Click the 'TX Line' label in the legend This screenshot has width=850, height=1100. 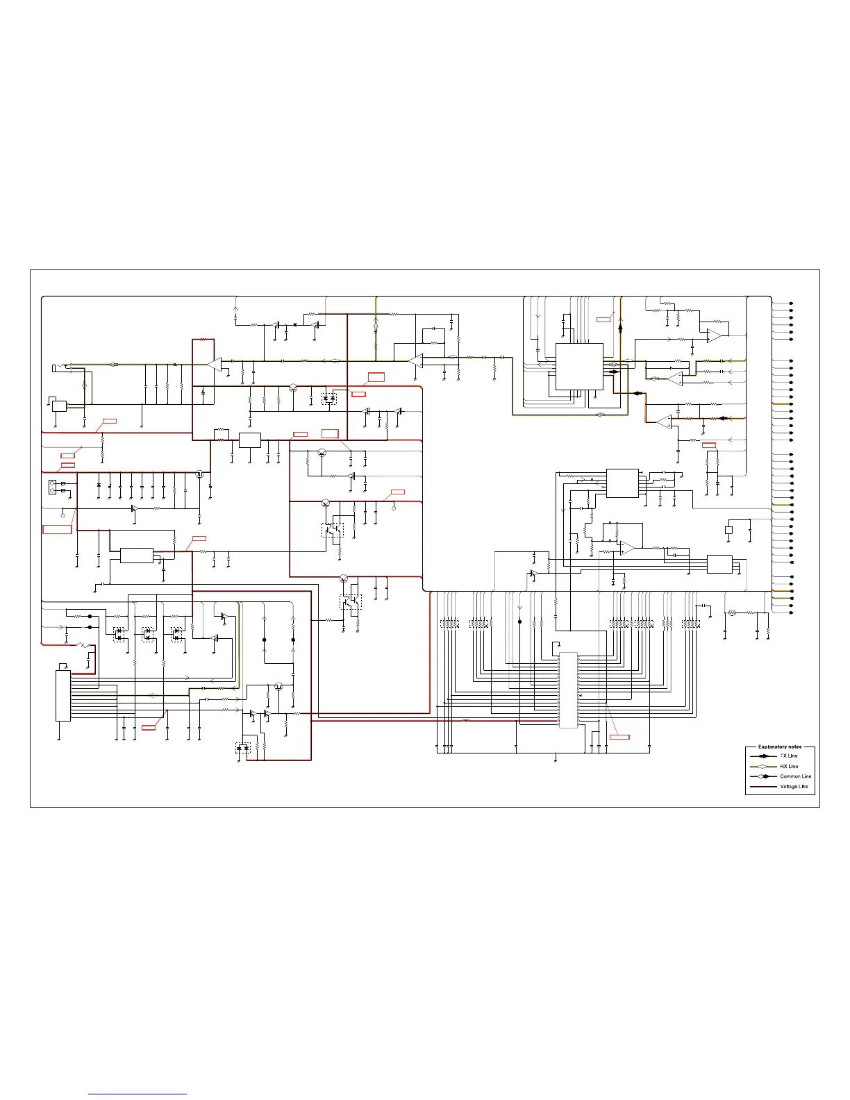coord(789,756)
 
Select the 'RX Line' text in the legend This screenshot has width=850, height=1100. coord(789,766)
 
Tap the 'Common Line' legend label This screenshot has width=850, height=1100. coord(795,776)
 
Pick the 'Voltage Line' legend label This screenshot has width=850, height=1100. coord(794,787)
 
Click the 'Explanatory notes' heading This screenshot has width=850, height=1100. coord(779,747)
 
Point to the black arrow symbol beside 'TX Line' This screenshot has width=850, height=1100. coord(764,756)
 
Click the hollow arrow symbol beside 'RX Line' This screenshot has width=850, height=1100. coord(764,766)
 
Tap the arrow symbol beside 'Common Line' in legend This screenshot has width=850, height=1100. coord(764,776)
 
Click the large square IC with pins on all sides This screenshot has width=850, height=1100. coord(578,366)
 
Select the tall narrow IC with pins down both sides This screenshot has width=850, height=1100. coord(568,690)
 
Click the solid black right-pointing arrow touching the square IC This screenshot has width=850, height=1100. coord(613,372)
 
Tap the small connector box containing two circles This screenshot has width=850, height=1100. coord(53,486)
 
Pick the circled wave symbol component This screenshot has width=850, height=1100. coord(731,612)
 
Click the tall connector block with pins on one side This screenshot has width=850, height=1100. coord(63,695)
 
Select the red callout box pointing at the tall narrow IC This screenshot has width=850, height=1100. coord(619,736)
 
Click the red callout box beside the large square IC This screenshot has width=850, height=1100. coord(603,319)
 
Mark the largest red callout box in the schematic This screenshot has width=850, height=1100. coord(57,529)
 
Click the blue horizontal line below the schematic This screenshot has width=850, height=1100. coord(137,1094)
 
